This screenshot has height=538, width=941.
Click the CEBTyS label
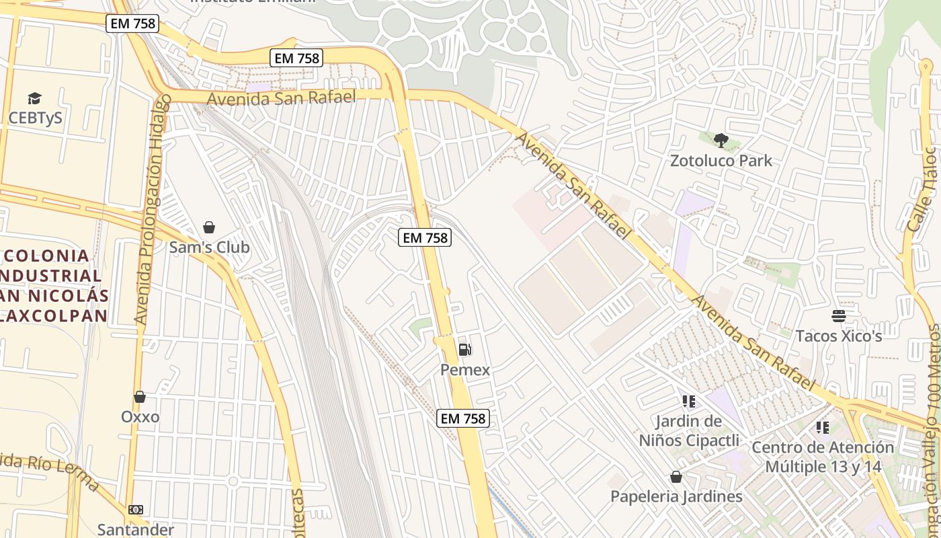(35, 118)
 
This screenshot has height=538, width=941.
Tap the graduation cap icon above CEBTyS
(35, 99)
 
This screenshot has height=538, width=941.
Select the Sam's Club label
(209, 247)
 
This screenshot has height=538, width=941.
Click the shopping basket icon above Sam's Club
(209, 227)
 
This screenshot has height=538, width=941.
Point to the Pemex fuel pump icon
(464, 350)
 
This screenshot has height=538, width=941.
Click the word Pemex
(465, 370)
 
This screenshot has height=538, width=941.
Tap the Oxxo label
(140, 417)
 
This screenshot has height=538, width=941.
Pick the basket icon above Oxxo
(140, 397)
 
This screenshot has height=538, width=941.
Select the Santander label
(136, 529)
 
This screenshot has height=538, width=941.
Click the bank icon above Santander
(136, 510)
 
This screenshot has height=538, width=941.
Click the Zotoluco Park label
(721, 161)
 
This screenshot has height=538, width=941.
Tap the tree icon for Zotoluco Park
(721, 141)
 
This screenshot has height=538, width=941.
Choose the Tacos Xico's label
(838, 336)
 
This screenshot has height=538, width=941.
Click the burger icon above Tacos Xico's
(838, 315)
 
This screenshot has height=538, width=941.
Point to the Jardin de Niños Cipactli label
(689, 431)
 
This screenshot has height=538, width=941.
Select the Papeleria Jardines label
(676, 496)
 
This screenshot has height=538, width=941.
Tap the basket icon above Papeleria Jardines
(676, 477)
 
